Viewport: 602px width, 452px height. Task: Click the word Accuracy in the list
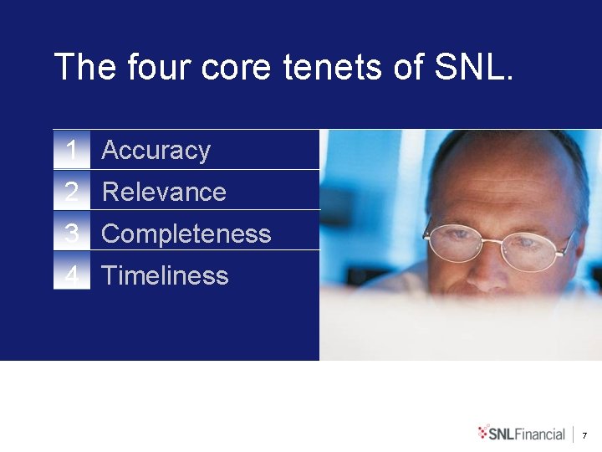pos(156,151)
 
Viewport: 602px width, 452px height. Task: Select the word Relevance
pos(164,192)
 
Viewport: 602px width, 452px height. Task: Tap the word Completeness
pos(186,234)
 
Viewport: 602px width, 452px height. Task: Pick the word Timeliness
pos(165,275)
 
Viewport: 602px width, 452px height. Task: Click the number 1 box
pos(72,151)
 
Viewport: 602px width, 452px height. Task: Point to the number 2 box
pos(72,192)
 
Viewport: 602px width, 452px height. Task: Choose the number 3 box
pos(72,234)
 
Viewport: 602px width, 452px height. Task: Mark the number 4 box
pos(72,275)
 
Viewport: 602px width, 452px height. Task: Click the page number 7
pos(584,435)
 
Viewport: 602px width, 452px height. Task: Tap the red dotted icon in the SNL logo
pos(482,433)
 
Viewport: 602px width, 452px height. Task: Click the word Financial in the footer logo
pos(540,434)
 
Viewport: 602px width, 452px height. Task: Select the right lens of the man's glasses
pos(538,251)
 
